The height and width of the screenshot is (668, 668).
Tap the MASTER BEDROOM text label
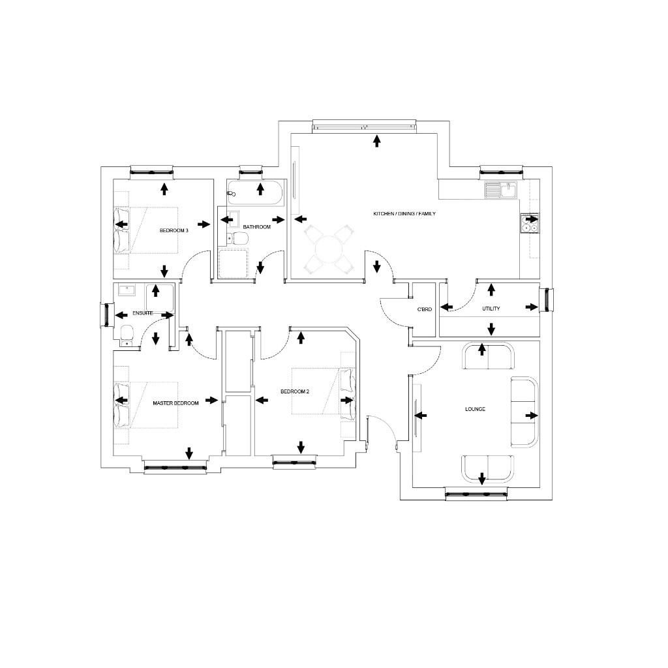pyautogui.click(x=175, y=403)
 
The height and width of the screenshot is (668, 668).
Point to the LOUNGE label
pyautogui.click(x=475, y=409)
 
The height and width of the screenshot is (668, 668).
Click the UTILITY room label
pyautogui.click(x=491, y=309)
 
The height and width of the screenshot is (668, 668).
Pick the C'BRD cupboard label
pyautogui.click(x=425, y=309)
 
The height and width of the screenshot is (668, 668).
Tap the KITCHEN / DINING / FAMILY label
pyautogui.click(x=404, y=214)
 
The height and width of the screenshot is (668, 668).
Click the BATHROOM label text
pyautogui.click(x=256, y=227)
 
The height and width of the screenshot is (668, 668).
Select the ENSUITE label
pyautogui.click(x=143, y=314)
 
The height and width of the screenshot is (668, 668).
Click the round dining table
pyautogui.click(x=330, y=249)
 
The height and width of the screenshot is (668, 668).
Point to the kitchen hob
pyautogui.click(x=529, y=223)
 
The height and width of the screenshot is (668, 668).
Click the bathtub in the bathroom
pyautogui.click(x=255, y=190)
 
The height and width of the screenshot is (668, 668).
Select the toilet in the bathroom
pyautogui.click(x=237, y=239)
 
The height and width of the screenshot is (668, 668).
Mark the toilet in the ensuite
pyautogui.click(x=126, y=335)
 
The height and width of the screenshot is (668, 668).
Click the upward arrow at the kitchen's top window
pyautogui.click(x=376, y=140)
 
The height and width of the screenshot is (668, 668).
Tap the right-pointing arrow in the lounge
pyautogui.click(x=532, y=416)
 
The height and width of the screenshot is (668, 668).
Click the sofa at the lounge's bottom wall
pyautogui.click(x=487, y=466)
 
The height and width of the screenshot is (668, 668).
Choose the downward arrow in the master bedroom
pyautogui.click(x=189, y=453)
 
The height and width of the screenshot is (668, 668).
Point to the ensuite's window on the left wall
pyautogui.click(x=105, y=314)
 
